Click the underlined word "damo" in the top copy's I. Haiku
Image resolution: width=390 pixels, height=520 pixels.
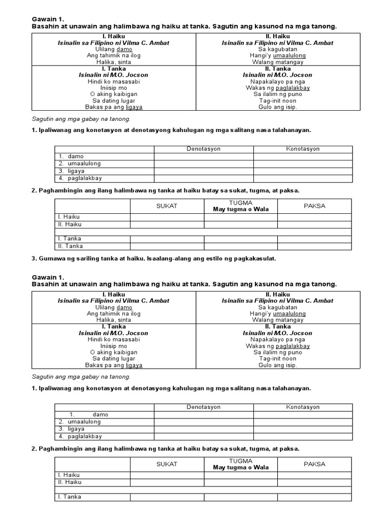point(124,49)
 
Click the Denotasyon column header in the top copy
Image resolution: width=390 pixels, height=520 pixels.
point(204,149)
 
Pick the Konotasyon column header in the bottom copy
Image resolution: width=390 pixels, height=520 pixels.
point(303,407)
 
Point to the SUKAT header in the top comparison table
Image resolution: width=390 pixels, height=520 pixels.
point(167,206)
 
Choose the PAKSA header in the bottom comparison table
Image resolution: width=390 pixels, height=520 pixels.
point(314,464)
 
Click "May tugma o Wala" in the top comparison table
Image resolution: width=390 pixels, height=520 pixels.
point(241,209)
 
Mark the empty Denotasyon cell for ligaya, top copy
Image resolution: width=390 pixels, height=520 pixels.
point(204,171)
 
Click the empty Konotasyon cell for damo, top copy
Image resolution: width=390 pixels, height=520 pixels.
point(303,156)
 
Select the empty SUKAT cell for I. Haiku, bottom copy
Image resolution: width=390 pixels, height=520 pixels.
point(167,475)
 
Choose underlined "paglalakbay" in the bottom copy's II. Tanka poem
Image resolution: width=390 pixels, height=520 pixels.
point(292,346)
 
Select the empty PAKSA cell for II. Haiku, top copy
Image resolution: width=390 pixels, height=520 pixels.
point(314,224)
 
